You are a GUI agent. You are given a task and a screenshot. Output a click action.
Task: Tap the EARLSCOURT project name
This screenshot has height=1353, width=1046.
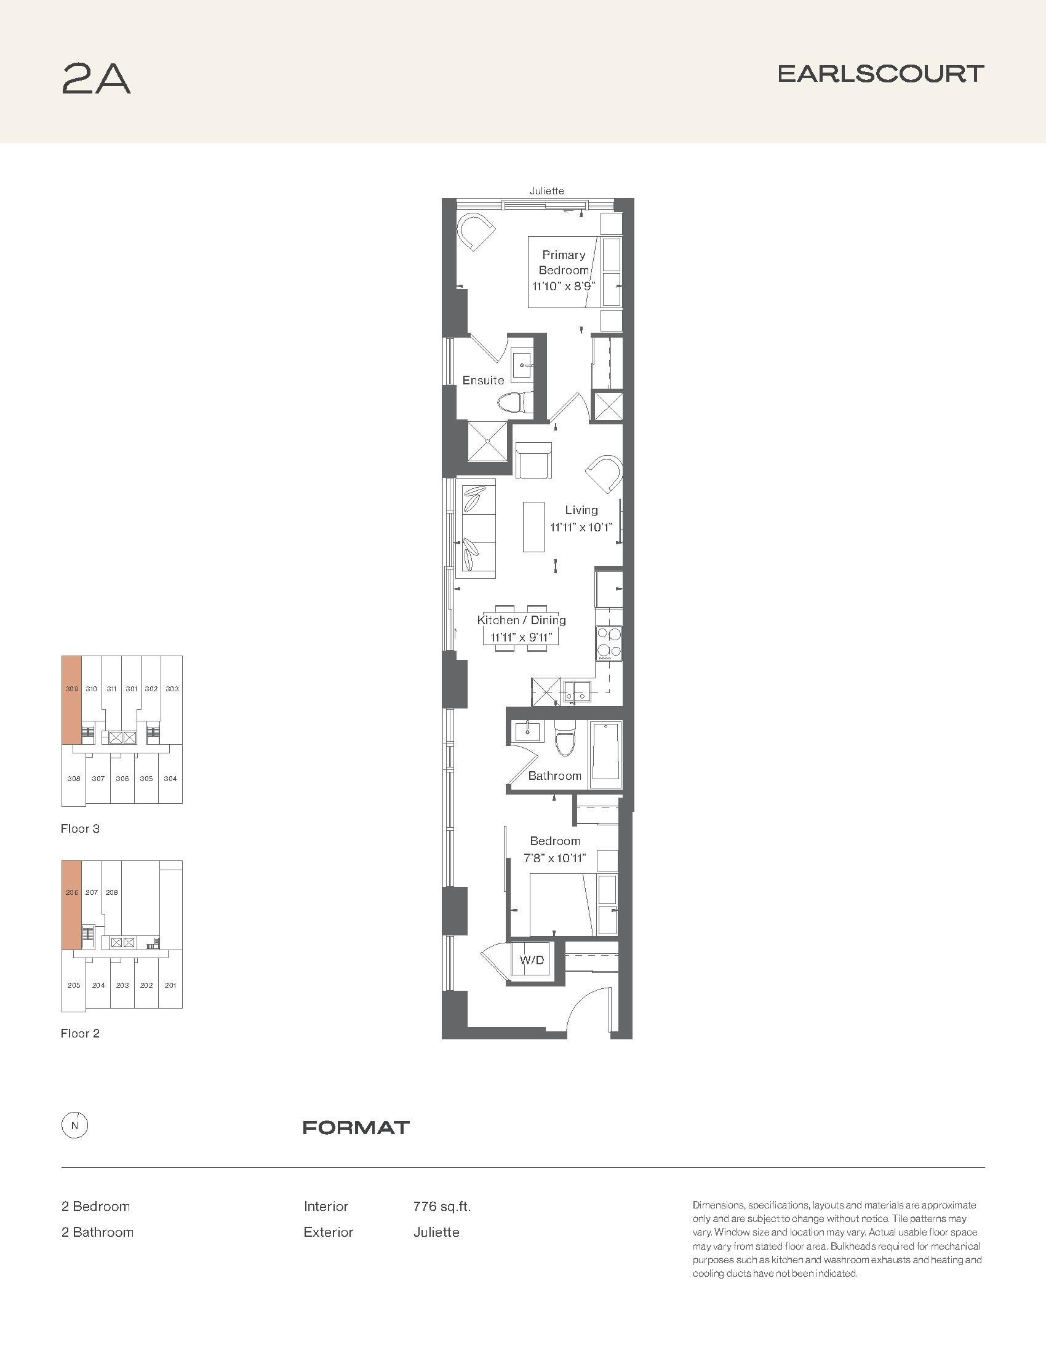[x=880, y=74]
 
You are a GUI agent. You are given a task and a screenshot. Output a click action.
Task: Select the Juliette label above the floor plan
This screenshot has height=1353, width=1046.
[x=546, y=191]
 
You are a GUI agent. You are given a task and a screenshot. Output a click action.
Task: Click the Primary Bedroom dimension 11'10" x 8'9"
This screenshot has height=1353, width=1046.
[x=564, y=286]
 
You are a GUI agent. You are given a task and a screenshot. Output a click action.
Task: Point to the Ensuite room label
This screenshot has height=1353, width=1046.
[x=484, y=380]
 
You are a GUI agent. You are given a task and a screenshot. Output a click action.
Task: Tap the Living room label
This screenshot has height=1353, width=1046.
[x=581, y=510]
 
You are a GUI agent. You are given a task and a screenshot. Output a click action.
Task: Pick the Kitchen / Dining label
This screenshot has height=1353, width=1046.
[x=521, y=620]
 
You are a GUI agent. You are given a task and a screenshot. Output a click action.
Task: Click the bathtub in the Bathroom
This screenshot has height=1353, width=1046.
[x=605, y=754]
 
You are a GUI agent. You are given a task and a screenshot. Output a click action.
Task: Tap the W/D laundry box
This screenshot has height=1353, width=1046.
[x=531, y=960]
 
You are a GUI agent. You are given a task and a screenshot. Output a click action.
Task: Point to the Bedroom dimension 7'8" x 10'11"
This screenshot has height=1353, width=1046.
[x=555, y=858]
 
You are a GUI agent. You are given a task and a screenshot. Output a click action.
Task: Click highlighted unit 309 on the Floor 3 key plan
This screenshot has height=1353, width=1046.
[x=72, y=699]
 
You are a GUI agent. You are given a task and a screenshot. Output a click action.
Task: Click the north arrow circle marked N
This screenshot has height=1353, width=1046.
[x=75, y=1125]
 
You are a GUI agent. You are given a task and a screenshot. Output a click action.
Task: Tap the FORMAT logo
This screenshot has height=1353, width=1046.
[x=356, y=1127]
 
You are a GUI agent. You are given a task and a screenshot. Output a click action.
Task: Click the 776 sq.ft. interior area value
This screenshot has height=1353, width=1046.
[x=442, y=1206]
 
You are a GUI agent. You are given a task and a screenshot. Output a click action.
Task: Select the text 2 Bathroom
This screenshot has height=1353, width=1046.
[x=97, y=1232]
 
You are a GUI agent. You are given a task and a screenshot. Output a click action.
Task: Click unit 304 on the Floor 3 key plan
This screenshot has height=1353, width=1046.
[x=170, y=779]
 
